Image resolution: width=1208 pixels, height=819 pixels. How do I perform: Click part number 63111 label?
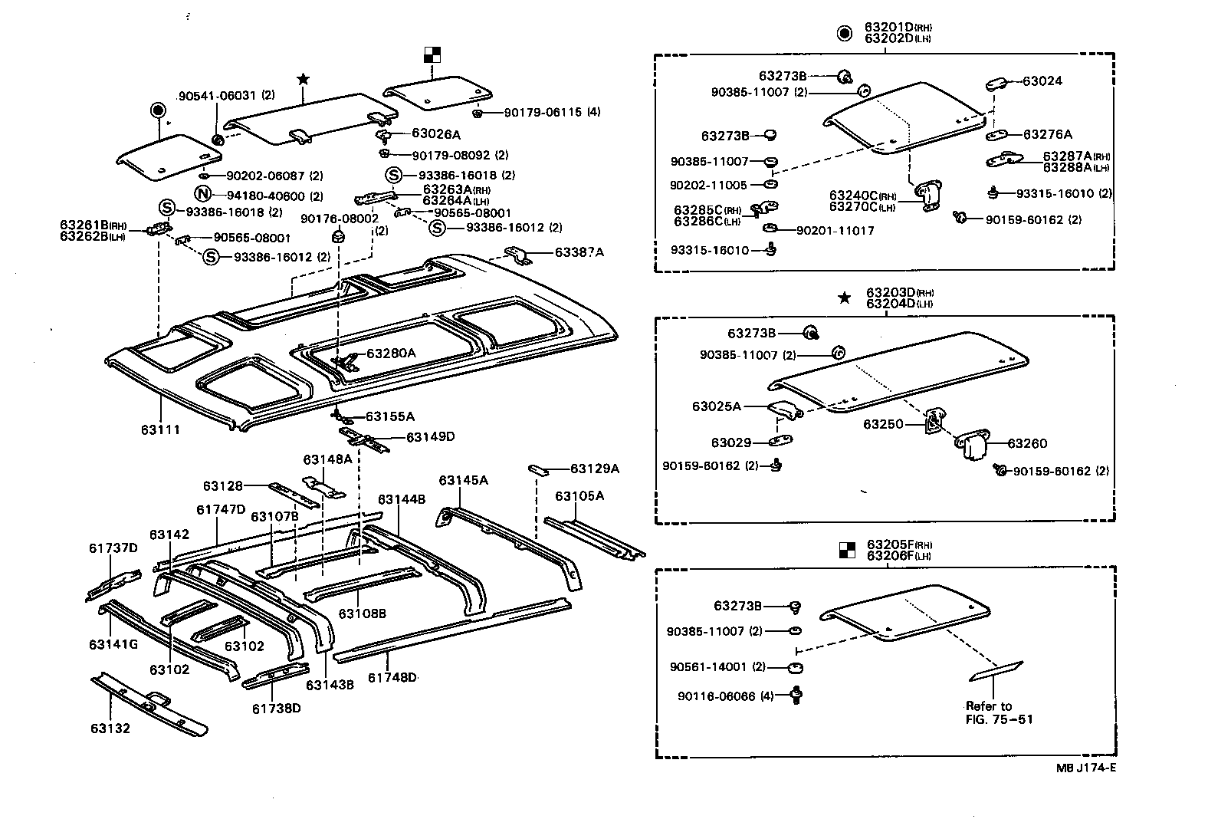point(159,429)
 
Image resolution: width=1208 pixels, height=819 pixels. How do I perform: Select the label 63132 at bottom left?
point(110,728)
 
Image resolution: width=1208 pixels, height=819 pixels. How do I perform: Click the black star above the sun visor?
point(303,79)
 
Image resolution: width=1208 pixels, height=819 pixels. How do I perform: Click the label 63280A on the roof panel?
point(391,354)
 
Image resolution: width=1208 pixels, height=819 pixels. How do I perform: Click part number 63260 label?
point(1027,443)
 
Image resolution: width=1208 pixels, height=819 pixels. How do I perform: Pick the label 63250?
point(883,424)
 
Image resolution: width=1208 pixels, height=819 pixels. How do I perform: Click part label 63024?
point(1042,81)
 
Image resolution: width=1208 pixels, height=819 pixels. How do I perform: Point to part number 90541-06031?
point(218,96)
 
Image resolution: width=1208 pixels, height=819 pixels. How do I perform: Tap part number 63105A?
point(579,495)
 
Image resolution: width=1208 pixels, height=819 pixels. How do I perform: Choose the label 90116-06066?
point(716,696)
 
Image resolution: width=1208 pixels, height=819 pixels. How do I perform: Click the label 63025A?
point(717,406)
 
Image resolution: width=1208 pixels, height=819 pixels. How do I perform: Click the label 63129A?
point(594,468)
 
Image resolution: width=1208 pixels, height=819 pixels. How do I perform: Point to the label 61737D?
point(113,548)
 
